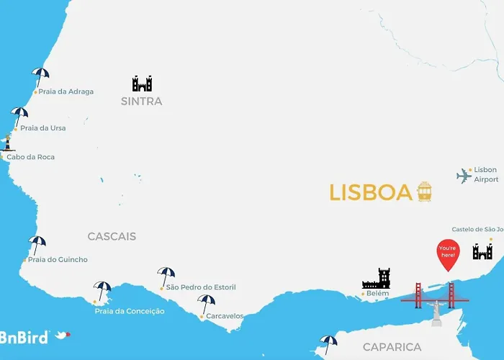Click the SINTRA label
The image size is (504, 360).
coord(142,102)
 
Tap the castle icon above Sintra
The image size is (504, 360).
coord(142,84)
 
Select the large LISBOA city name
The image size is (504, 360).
coord(371,192)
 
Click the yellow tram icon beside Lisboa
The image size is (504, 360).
coord(424,192)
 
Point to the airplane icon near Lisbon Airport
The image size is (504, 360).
coord(464,176)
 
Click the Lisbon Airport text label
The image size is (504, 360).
coord(485,174)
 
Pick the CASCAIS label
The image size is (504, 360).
coord(112,236)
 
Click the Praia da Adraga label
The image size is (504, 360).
coord(66,91)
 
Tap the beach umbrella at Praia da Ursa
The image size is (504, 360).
coord(19,115)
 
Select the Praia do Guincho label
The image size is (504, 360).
coord(58,259)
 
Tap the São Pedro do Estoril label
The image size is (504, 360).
coord(200,287)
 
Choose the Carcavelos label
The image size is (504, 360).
coord(225,315)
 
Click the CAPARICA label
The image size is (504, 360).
coord(392,347)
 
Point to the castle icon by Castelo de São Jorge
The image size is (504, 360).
coord(482,251)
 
